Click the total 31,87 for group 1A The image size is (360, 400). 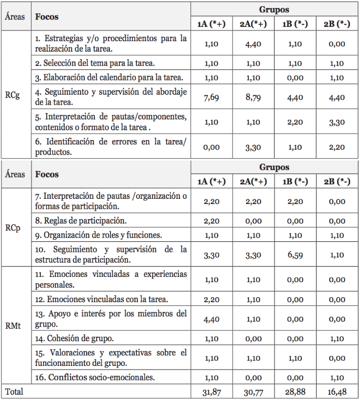pyautogui.click(x=212, y=392)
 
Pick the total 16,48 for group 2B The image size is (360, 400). pyautogui.click(x=337, y=392)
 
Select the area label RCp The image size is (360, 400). pyautogui.click(x=12, y=227)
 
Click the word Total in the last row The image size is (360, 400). pyautogui.click(x=14, y=392)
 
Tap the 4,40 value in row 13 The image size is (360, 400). pyautogui.click(x=212, y=319)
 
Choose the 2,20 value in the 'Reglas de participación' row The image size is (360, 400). pyautogui.click(x=212, y=221)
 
